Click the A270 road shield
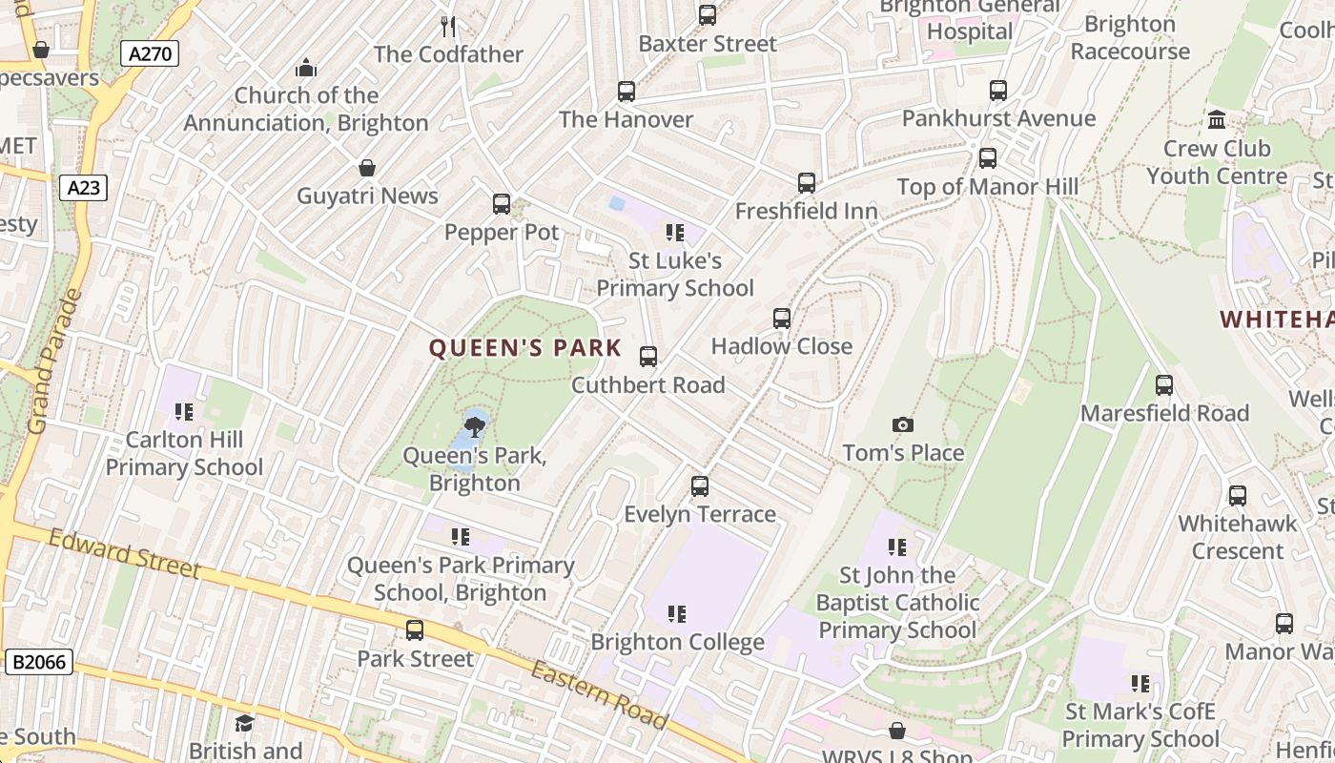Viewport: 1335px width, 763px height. [151, 53]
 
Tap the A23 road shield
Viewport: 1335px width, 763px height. [84, 188]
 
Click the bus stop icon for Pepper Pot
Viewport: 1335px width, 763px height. [502, 203]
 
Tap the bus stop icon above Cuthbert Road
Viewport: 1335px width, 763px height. [648, 357]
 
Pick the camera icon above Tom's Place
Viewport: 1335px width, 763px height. [902, 424]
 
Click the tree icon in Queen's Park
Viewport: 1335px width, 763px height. [474, 425]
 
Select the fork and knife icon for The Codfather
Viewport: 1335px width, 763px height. [448, 26]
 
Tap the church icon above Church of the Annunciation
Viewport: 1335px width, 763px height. [306, 68]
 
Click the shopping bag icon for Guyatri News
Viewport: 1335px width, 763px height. [367, 169]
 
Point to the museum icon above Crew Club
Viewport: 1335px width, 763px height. [1217, 120]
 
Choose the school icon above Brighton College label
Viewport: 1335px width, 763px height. [677, 613]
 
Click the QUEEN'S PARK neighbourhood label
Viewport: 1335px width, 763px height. [525, 348]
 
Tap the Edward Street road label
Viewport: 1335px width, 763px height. [124, 554]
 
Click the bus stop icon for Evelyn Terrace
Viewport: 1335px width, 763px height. [700, 486]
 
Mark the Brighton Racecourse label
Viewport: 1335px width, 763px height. [1130, 37]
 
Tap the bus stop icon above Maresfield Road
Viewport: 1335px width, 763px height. [1164, 385]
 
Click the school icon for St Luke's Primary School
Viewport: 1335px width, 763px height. [675, 232]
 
